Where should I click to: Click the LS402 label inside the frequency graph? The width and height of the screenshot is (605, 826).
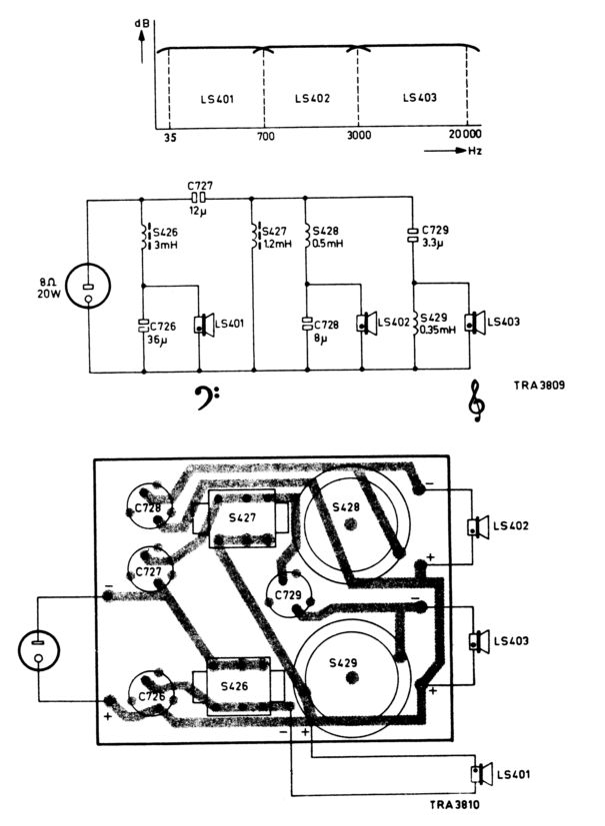pyautogui.click(x=313, y=98)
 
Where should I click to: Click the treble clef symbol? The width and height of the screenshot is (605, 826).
pyautogui.click(x=478, y=400)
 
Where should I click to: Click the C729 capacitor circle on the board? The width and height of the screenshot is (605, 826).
pyautogui.click(x=286, y=596)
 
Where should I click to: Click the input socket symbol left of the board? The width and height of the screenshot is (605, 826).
pyautogui.click(x=39, y=650)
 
